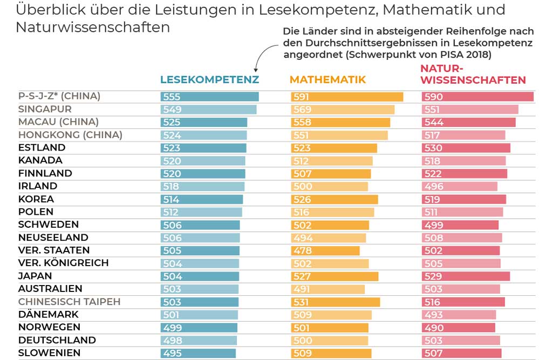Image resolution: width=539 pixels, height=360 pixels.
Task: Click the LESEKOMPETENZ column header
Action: point(209,80)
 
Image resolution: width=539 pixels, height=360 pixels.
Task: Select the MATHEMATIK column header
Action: point(328,80)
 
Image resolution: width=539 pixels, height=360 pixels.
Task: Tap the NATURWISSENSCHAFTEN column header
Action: point(473,74)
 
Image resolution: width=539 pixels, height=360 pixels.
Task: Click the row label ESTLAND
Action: point(42,147)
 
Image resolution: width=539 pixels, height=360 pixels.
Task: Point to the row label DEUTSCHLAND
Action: point(57,340)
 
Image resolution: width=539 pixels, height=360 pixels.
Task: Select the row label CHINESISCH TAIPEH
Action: point(69,301)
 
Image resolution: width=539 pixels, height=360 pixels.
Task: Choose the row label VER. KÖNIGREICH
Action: point(63,263)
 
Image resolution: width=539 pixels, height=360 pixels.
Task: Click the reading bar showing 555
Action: point(209,97)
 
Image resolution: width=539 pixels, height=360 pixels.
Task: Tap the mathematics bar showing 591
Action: point(347,97)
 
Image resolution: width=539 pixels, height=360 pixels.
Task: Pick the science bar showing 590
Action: point(477,97)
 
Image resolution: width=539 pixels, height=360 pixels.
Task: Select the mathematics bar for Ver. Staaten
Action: point(325,250)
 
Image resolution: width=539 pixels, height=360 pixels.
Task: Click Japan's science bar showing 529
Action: point(466,276)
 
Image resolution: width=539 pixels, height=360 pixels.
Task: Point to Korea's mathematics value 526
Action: point(302,199)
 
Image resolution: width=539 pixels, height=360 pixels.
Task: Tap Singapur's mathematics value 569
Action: point(302,110)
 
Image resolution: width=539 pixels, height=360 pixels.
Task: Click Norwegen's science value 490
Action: point(434,328)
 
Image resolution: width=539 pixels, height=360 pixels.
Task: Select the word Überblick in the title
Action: point(47,10)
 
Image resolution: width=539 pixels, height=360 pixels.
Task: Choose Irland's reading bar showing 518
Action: point(202,186)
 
